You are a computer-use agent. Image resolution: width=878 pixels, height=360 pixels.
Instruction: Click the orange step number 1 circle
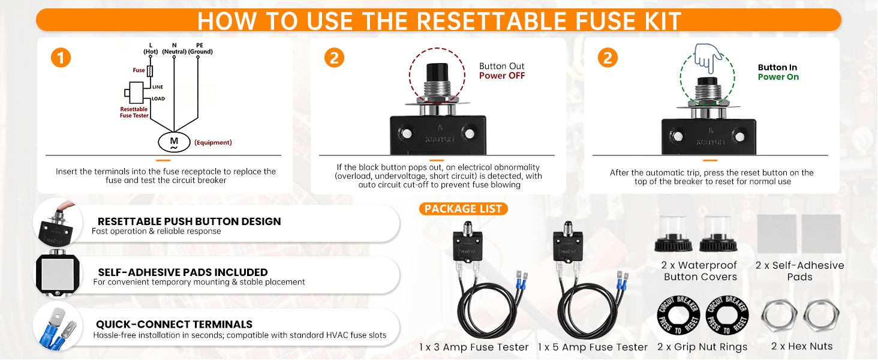[61, 58]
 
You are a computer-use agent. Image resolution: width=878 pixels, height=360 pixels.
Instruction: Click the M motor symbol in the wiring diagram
[174, 142]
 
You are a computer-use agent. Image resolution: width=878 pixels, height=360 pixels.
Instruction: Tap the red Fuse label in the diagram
[139, 70]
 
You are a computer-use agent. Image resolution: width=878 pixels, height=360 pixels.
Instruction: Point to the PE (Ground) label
[200, 49]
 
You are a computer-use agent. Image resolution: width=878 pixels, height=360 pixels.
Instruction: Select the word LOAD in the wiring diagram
[158, 99]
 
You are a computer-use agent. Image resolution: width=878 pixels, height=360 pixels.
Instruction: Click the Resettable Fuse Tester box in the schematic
[136, 93]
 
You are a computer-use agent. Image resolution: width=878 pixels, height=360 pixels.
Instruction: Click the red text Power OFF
[502, 76]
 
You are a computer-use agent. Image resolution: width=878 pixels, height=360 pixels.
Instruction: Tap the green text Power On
[778, 77]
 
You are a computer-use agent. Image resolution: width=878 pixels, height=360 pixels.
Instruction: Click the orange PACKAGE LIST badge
[464, 209]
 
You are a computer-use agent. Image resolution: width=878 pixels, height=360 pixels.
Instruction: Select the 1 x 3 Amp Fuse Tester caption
[474, 347]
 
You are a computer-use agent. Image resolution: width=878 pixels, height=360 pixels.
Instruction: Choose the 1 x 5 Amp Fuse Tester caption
[593, 347]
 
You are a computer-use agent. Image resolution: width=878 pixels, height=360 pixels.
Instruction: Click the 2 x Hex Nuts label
[802, 346]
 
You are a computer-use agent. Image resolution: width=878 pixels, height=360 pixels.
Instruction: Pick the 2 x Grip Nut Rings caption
[702, 347]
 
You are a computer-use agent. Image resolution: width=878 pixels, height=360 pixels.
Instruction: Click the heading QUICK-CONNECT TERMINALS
[174, 325]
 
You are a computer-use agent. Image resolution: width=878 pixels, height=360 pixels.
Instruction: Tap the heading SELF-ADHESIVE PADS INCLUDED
[183, 272]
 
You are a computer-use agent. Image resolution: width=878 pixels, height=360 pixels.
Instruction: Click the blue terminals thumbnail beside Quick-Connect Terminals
[58, 328]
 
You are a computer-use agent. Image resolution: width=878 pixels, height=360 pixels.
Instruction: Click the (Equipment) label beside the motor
[214, 142]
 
